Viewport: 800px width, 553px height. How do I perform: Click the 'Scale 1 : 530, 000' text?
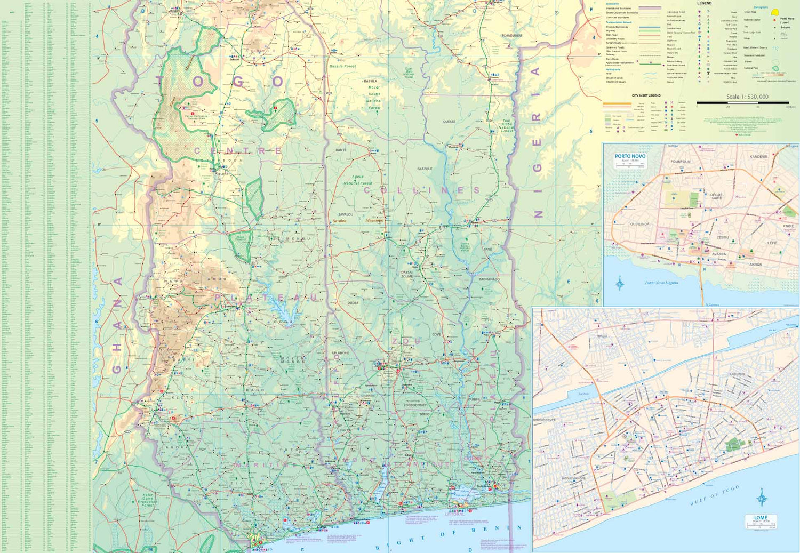pos(747,97)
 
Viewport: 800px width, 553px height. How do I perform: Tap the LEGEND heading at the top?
pos(704,3)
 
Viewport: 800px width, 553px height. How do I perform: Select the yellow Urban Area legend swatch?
pos(774,12)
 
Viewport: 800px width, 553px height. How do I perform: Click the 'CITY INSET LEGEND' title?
pos(646,95)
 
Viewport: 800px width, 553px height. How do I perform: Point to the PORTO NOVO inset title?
pos(630,157)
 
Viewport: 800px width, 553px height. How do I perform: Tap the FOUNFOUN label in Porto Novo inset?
pos(681,162)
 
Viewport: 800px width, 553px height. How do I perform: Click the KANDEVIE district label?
pos(758,157)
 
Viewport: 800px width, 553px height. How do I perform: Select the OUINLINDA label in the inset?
pos(640,224)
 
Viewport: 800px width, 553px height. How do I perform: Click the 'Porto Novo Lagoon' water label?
pos(661,283)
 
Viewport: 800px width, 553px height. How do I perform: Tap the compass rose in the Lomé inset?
pos(762,499)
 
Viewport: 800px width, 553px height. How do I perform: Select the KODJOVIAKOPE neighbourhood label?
pos(574,478)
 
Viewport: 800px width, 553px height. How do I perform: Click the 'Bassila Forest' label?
pos(342,66)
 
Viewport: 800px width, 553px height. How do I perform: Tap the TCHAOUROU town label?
pos(511,36)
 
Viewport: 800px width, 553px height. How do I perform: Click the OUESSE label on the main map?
pos(449,122)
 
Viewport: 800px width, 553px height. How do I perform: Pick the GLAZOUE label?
pos(425,169)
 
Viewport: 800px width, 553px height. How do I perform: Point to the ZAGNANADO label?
pos(489,279)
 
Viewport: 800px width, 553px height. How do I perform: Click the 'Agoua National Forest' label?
pos(358,180)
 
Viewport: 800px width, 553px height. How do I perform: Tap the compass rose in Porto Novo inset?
pos(620,283)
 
